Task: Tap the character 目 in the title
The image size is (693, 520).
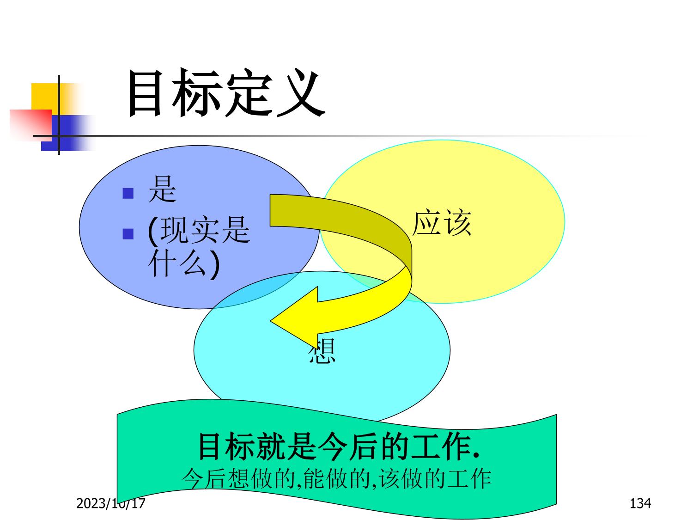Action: coord(145,93)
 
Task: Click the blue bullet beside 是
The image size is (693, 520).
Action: coord(128,193)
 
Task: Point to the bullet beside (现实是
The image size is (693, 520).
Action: coord(128,234)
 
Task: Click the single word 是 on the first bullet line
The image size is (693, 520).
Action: coord(162,190)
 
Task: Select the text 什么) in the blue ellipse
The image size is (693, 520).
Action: coord(184,263)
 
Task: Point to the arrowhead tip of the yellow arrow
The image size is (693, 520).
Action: coord(271,321)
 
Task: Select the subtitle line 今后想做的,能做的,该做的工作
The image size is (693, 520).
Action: coord(336,479)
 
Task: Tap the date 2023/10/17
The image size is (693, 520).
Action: coord(111,503)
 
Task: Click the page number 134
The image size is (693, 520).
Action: coord(640,503)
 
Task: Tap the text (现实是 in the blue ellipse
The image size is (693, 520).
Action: coord(199,230)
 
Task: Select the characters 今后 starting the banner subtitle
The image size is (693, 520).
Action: coord(203,479)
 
